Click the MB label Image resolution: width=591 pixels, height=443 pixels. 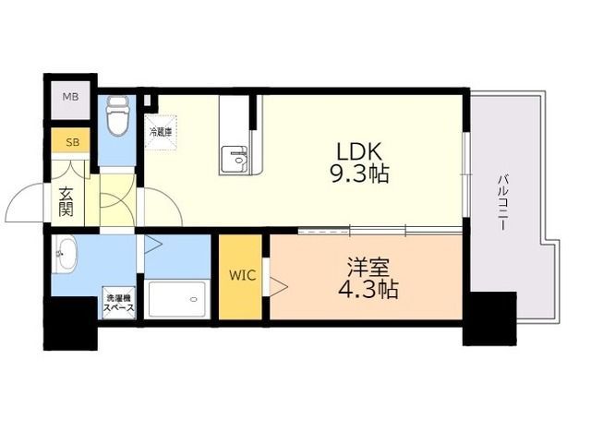70,97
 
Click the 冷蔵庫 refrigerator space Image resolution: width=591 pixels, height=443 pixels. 161,133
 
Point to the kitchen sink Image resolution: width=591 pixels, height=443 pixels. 234,160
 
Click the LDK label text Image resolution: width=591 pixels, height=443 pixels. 359,151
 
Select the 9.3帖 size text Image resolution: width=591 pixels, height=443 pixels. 359,174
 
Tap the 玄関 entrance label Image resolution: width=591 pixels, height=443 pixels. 66,202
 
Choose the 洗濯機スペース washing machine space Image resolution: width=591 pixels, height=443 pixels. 119,303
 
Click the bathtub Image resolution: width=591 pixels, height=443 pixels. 177,299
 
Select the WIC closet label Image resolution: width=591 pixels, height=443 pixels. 242,275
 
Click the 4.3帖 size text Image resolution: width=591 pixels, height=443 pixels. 368,289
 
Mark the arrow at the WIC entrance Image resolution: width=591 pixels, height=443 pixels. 279,287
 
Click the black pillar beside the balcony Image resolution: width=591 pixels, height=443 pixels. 489,318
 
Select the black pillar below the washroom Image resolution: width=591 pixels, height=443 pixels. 70,324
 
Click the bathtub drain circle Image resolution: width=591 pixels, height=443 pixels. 194,299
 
